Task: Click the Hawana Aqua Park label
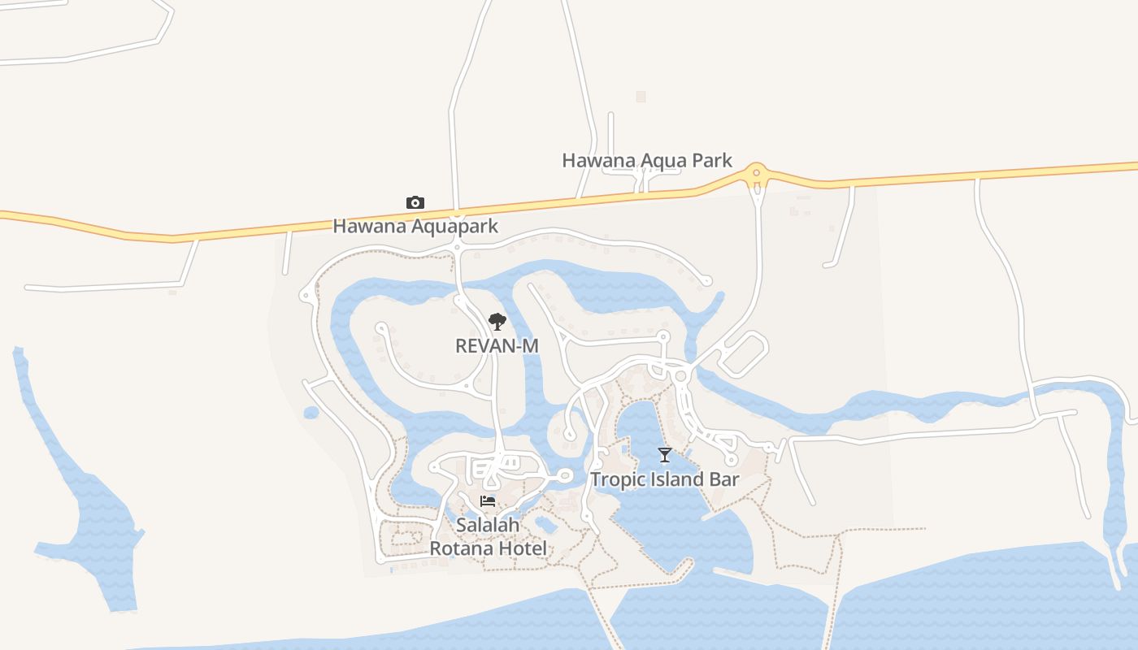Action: tap(647, 161)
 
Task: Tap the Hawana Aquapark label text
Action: tap(415, 227)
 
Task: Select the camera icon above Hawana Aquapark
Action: tap(415, 202)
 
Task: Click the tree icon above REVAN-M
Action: tap(497, 322)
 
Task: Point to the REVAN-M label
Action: tap(497, 346)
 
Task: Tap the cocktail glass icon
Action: tap(665, 454)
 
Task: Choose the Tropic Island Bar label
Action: tap(665, 479)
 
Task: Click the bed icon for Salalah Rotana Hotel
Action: tap(488, 501)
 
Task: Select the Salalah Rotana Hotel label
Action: tap(488, 537)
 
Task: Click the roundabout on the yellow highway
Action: tap(757, 172)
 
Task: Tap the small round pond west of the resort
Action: tap(311, 413)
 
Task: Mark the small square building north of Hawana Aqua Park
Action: tap(641, 97)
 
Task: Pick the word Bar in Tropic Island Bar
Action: tap(724, 479)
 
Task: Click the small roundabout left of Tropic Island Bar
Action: tap(565, 476)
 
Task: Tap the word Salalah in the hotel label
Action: tap(488, 526)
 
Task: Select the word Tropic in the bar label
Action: tap(615, 479)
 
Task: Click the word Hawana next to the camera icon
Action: tap(369, 227)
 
